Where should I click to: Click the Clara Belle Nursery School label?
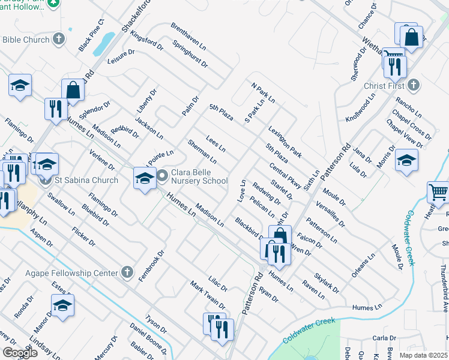pos(200,176)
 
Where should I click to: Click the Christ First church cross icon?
pos(414,85)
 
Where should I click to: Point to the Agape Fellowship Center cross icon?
pos(126,273)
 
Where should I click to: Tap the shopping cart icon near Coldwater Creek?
pos(438,193)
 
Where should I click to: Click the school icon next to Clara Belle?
pos(144,178)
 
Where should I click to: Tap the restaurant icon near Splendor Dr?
pos(56,109)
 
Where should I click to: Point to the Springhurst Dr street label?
pos(190,53)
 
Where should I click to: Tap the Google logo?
pos(20,353)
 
